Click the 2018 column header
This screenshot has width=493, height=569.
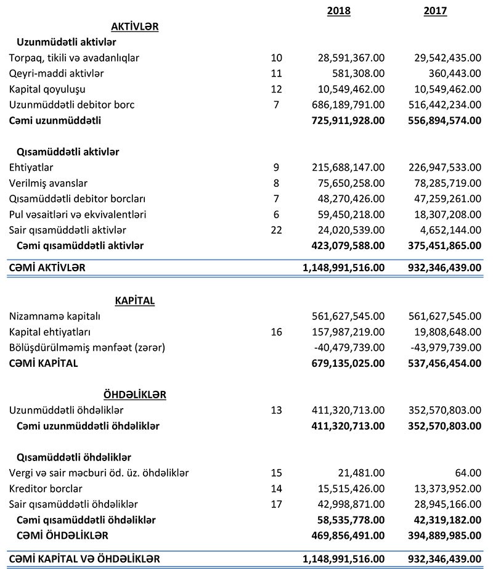[x=338, y=10]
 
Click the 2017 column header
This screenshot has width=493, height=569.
[x=435, y=10]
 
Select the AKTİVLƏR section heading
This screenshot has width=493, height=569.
[x=135, y=27]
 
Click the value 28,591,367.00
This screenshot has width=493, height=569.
[x=349, y=58]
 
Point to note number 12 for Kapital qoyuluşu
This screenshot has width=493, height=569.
[x=276, y=89]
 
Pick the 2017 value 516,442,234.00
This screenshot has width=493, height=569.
[x=444, y=105]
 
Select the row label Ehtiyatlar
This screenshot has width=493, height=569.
[x=31, y=168]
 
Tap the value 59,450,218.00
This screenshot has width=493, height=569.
[x=349, y=215]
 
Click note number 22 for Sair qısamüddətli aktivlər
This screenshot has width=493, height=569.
[x=276, y=230]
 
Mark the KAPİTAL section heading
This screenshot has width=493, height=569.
[x=135, y=301]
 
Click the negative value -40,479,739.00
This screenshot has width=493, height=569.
[x=350, y=348]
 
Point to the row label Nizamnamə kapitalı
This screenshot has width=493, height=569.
[x=55, y=316]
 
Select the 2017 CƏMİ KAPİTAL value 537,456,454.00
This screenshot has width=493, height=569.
[x=444, y=363]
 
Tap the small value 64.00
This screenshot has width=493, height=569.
[x=468, y=473]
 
